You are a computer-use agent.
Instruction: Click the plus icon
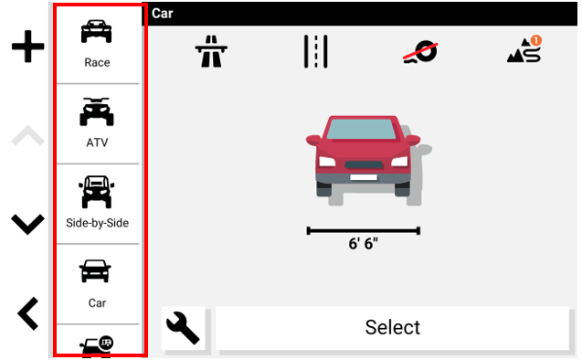(27, 47)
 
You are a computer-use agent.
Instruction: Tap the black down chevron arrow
(27, 224)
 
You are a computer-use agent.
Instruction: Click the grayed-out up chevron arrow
(27, 135)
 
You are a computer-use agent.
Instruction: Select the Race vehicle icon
(97, 31)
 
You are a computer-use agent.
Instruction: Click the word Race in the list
(97, 62)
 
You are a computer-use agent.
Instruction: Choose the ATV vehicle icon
(97, 111)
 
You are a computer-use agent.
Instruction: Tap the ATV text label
(97, 143)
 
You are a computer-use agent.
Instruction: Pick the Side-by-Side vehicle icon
(97, 192)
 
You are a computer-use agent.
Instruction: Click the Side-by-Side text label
(97, 223)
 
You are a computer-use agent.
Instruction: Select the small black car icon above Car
(95, 271)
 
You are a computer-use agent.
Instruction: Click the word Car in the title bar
(163, 14)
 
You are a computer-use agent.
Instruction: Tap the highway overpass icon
(211, 51)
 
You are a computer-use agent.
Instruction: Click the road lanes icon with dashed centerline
(316, 51)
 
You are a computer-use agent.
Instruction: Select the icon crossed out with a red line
(420, 52)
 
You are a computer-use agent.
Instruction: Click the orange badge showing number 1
(535, 40)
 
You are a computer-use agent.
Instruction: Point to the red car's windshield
(361, 129)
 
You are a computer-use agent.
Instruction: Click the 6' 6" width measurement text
(363, 244)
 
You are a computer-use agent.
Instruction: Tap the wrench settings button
(183, 327)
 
